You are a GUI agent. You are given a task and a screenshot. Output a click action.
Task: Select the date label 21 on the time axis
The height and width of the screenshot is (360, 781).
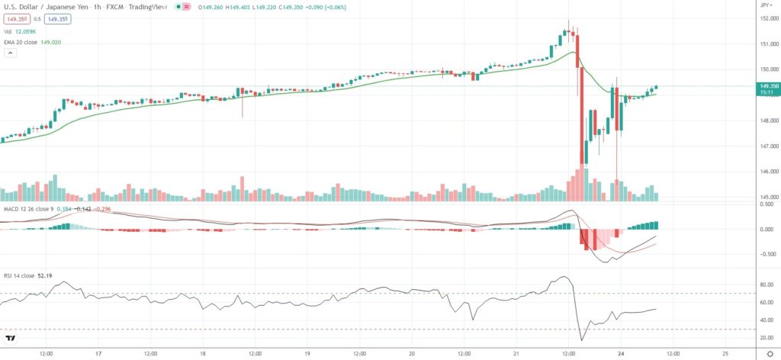(x=516, y=354)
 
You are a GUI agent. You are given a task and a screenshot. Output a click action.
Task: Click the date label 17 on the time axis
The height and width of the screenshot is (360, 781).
(x=98, y=354)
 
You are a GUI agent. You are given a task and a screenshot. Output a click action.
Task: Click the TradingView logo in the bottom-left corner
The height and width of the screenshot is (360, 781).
(x=11, y=339)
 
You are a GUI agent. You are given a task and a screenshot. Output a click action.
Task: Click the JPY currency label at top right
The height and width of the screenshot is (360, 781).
(x=765, y=5)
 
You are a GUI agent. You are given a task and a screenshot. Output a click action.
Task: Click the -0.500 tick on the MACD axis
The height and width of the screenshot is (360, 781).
(x=763, y=254)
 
